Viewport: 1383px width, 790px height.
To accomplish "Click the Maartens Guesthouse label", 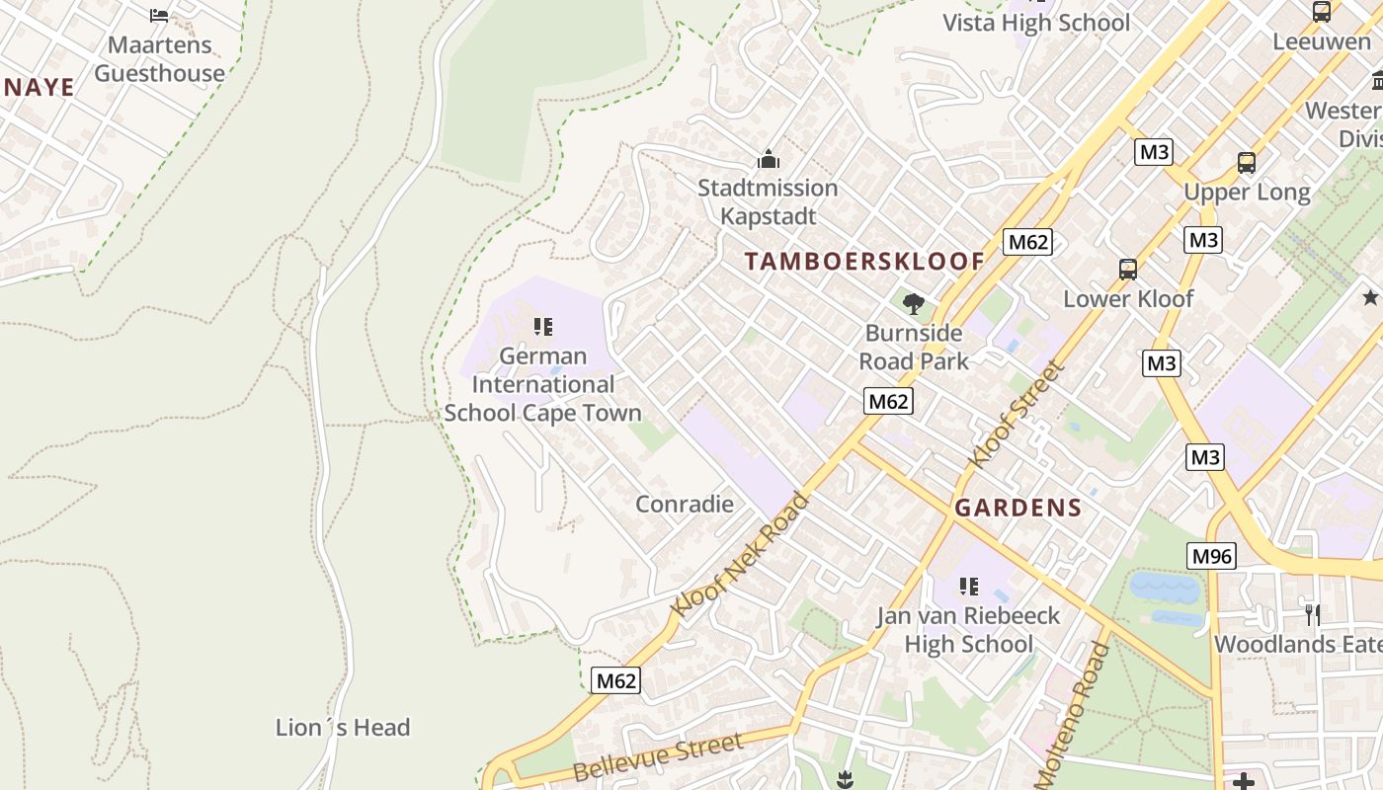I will click(159, 59).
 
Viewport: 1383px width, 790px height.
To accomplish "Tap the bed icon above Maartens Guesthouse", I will click(159, 15).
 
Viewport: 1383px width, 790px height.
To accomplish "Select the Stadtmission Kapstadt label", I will click(768, 201).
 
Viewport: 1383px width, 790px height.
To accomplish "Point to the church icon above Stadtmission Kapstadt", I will click(768, 159).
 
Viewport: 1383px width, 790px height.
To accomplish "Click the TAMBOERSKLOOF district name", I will click(864, 262).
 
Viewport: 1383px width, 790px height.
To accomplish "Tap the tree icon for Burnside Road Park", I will click(914, 303).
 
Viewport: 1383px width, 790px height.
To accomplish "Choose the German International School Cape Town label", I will click(542, 384).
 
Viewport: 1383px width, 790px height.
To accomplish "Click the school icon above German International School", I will click(542, 326).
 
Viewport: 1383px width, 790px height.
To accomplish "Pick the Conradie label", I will click(685, 505).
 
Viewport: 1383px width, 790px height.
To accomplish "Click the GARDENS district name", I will click(1017, 509).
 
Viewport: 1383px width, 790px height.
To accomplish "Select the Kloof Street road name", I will click(1017, 415).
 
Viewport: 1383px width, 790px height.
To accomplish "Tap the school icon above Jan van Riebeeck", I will click(969, 587).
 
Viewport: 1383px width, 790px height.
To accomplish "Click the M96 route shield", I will click(1211, 556).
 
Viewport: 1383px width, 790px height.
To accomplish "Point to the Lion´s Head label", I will click(342, 728).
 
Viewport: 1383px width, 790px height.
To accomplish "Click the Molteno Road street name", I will click(1072, 713).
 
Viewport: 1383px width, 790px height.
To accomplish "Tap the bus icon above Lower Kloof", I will click(1128, 269).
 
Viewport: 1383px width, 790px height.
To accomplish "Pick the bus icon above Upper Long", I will click(1247, 163).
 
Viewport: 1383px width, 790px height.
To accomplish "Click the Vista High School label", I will click(1036, 23).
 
